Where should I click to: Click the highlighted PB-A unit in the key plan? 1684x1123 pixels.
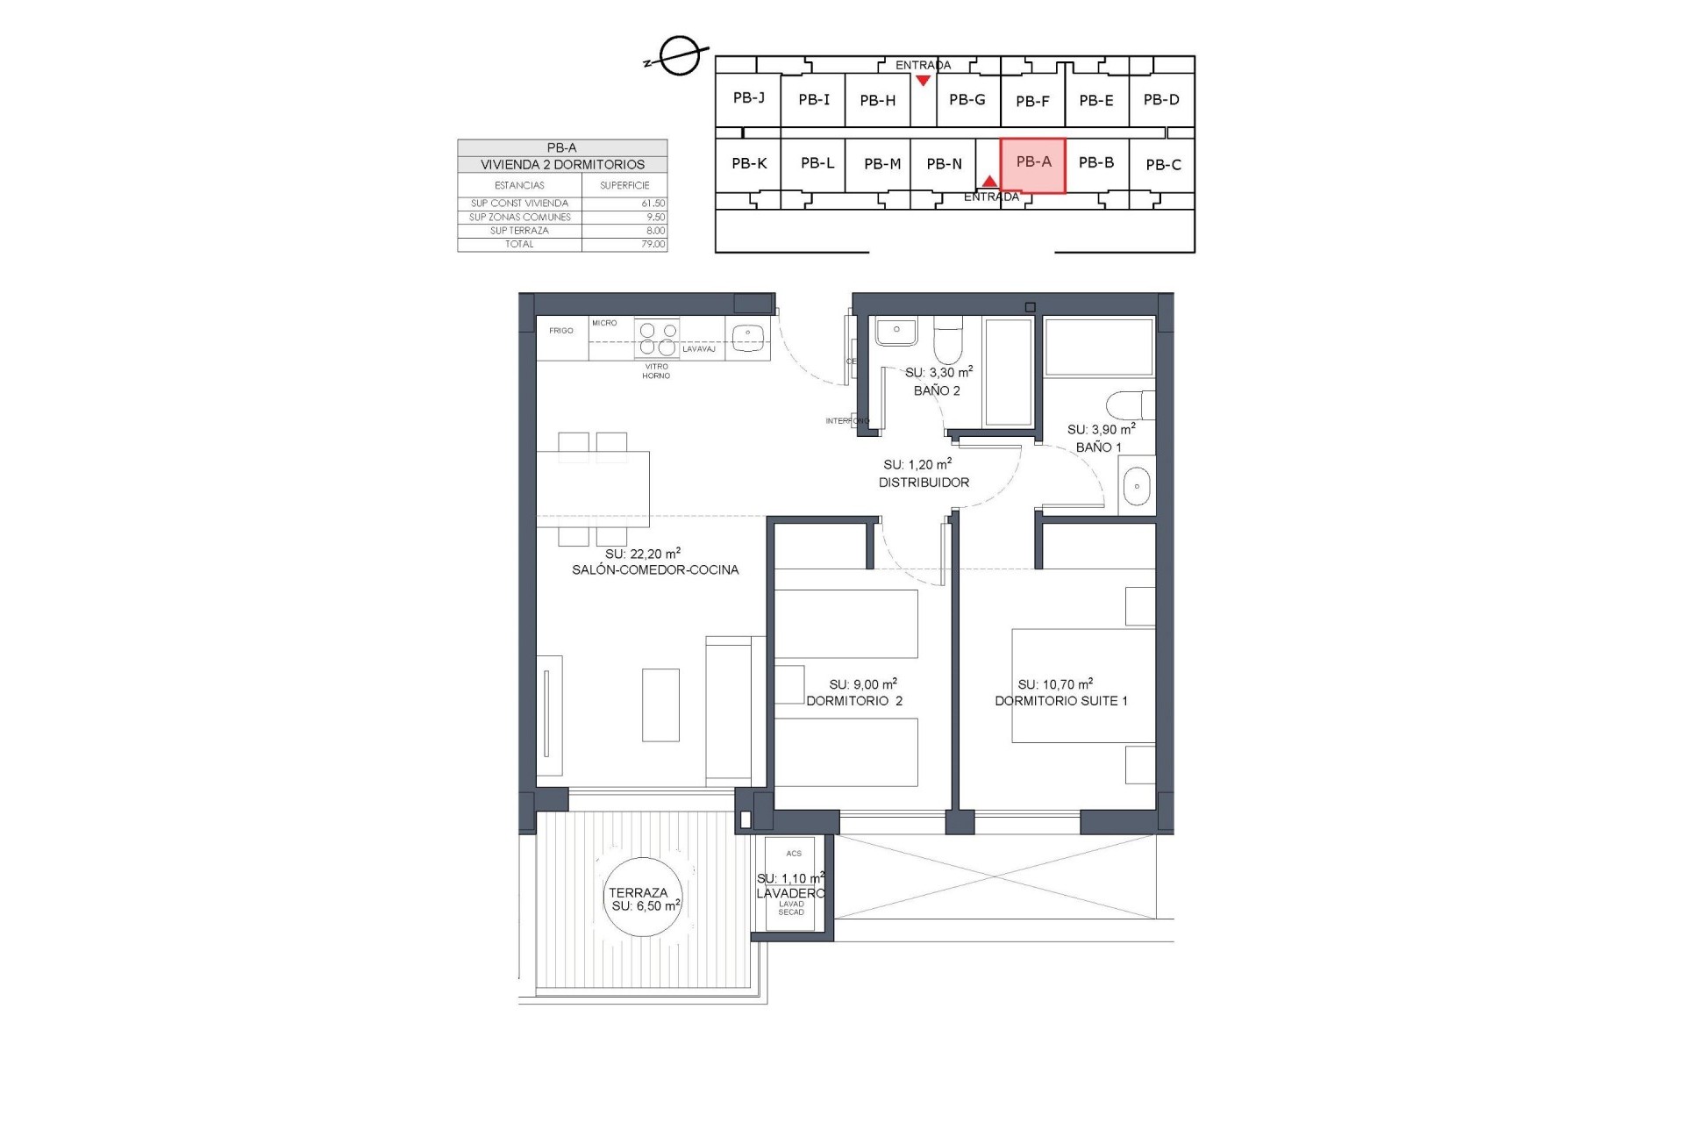tap(1032, 164)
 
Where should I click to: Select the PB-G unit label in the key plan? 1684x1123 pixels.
tap(967, 100)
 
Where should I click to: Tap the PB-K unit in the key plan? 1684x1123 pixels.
tap(749, 163)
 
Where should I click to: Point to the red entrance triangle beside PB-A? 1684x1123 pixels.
tap(989, 182)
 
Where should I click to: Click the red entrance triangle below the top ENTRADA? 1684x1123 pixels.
tap(923, 81)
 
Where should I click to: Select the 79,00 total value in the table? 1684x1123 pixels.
tap(653, 244)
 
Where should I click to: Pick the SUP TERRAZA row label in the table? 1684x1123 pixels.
tap(519, 231)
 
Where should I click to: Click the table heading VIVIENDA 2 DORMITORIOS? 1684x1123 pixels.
tap(562, 165)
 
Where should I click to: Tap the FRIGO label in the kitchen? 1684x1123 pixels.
tap(561, 331)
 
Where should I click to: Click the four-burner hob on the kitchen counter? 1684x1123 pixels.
tap(658, 339)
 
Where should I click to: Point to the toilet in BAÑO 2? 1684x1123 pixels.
tap(948, 343)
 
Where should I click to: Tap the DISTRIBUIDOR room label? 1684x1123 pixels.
tap(924, 483)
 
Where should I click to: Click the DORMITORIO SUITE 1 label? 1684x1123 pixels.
tap(1061, 701)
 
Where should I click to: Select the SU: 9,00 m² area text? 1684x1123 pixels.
tap(862, 684)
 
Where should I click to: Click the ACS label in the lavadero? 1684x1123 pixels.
tap(794, 854)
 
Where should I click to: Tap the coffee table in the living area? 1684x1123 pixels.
tap(660, 705)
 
